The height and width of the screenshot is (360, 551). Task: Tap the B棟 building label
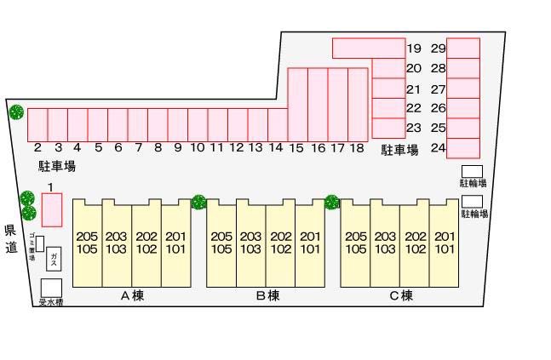[267, 296]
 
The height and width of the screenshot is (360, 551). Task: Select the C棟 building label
[401, 296]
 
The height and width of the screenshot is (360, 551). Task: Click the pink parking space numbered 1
[52, 209]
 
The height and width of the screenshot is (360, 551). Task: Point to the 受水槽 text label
[51, 302]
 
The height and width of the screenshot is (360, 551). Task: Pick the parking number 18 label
[357, 148]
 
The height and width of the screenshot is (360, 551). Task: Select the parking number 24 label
[439, 148]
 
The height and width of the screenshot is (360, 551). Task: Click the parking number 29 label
[439, 49]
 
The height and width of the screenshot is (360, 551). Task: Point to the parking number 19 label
[415, 49]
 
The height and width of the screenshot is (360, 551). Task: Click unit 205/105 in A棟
[87, 243]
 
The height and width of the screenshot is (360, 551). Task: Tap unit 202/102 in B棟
[281, 243]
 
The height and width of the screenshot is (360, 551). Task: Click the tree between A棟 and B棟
[198, 203]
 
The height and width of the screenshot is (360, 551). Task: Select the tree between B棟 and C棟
[332, 203]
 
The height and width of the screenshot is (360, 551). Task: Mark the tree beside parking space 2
[15, 111]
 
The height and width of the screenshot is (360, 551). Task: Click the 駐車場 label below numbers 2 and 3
[51, 166]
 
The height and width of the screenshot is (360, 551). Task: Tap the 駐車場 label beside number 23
[399, 151]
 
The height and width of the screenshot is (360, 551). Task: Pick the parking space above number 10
[198, 124]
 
